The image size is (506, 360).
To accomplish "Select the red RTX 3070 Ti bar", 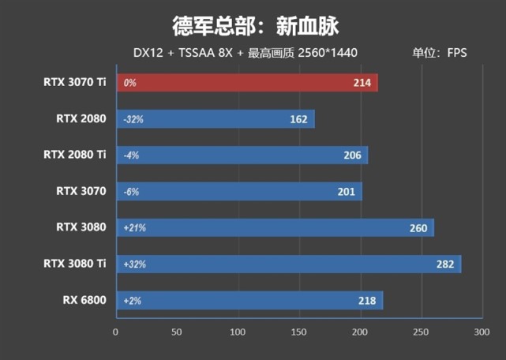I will [x=246, y=83].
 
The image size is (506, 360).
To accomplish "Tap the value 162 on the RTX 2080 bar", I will [x=298, y=119].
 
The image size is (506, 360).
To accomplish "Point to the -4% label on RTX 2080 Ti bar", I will [x=131, y=156].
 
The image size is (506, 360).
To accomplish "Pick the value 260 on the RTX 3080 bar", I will [x=418, y=228].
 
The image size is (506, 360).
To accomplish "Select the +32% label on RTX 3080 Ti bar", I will [x=134, y=264].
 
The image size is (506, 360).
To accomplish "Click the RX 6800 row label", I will [x=84, y=300].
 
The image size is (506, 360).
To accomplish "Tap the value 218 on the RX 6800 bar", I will [x=367, y=301].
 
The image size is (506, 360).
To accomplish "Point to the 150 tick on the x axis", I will [x=299, y=333].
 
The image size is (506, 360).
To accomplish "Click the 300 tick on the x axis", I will [x=482, y=333].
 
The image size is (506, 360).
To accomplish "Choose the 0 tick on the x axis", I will [x=116, y=333].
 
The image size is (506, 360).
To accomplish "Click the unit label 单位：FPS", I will [x=440, y=54].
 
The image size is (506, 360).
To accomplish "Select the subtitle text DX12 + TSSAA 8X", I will [x=174, y=54].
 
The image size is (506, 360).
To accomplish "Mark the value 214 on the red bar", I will [x=362, y=83].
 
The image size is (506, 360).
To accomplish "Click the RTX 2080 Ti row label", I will [x=75, y=155].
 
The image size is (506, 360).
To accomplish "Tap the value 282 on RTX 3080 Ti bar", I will [x=445, y=264].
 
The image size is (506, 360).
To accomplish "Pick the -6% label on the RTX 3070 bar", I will [x=131, y=192].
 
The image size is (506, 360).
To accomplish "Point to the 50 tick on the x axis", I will [x=178, y=333].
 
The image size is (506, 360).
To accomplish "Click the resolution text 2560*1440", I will [x=326, y=54].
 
